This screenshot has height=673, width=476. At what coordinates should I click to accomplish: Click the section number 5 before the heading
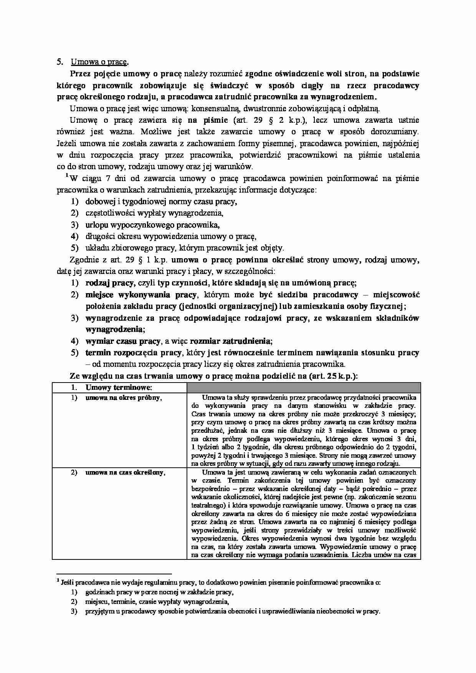pyautogui.click(x=59, y=62)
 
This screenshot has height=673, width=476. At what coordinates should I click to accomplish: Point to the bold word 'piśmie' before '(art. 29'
pyautogui.click(x=216, y=120)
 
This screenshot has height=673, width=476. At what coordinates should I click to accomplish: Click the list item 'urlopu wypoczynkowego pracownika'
pyautogui.click(x=152, y=224)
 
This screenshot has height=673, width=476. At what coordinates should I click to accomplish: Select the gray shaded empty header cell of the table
pyautogui.click(x=303, y=388)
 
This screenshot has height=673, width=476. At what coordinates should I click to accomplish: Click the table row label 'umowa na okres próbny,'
pyautogui.click(x=123, y=398)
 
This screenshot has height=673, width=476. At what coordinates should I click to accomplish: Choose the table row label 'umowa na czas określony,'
pyautogui.click(x=125, y=472)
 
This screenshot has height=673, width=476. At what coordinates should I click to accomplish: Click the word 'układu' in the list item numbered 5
pyautogui.click(x=95, y=247)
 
